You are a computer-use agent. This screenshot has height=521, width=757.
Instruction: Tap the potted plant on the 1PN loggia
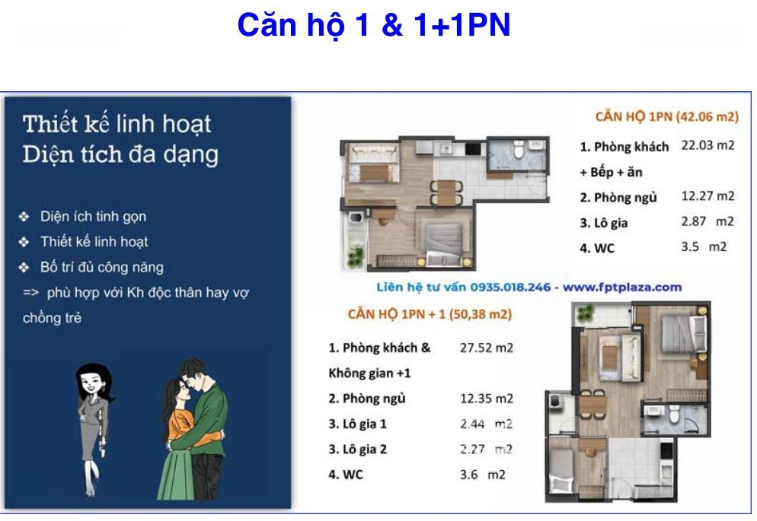pos(356,255)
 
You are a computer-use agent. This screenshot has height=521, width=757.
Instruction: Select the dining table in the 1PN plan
pos(446,192)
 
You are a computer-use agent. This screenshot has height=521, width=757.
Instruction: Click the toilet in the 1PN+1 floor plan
pos(674,415)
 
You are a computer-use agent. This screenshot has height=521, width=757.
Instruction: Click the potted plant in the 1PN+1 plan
pos(585,313)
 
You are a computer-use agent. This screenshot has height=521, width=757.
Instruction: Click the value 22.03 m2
pos(707,145)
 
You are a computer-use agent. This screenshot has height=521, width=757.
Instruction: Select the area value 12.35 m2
pos(487,399)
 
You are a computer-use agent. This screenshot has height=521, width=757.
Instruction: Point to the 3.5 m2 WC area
pos(704,246)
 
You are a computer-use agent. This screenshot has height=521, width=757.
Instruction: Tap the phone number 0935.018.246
pos(510,288)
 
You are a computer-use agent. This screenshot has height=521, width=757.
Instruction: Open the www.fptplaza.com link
pos(622,288)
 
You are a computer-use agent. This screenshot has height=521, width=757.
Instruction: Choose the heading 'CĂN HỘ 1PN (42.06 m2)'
pos(666,116)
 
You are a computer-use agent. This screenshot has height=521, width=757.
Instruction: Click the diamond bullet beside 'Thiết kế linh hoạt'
pos(24,242)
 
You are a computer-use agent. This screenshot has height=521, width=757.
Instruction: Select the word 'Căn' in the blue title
pos(268,24)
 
